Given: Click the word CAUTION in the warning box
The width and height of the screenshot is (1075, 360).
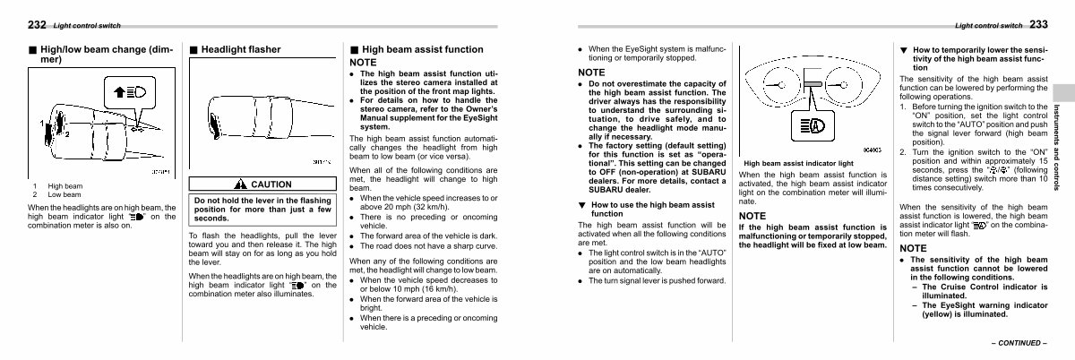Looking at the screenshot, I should pos(271,184).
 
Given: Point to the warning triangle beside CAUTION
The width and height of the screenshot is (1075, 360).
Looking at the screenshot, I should pos(240,184).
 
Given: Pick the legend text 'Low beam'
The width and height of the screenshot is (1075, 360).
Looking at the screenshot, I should pos(64,194).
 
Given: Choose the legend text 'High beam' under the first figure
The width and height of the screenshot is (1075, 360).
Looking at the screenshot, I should pos(64,186).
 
